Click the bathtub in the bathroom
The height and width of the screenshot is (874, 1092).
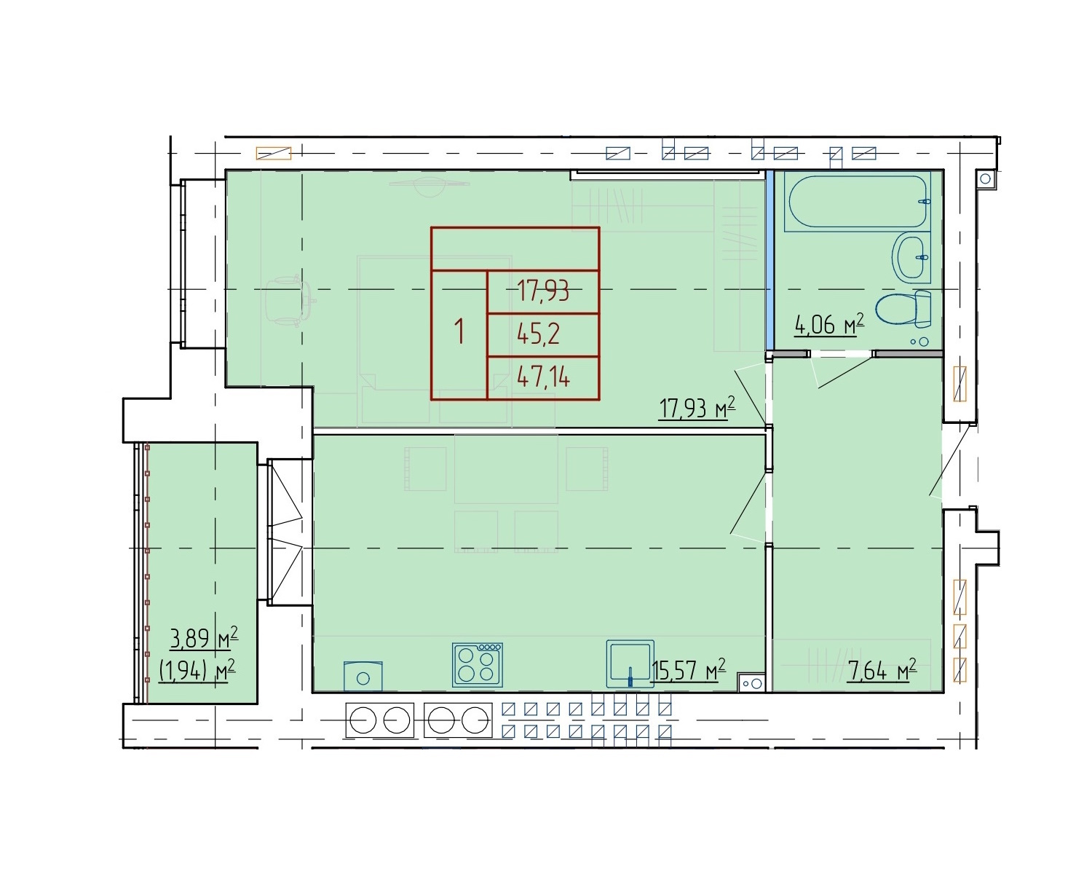pyautogui.click(x=858, y=201)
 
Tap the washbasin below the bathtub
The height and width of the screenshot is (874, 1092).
pyautogui.click(x=912, y=257)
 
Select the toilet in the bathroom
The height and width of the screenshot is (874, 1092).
pyautogui.click(x=903, y=310)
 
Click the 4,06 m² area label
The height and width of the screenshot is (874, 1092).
pyautogui.click(x=829, y=325)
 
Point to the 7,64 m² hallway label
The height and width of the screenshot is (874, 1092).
pyautogui.click(x=882, y=672)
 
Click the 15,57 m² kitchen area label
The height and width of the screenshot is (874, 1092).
pyautogui.click(x=689, y=670)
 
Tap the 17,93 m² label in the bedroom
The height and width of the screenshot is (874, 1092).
pyautogui.click(x=697, y=408)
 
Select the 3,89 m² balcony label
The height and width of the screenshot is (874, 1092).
pyautogui.click(x=204, y=638)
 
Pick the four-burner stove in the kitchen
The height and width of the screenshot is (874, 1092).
pyautogui.click(x=477, y=665)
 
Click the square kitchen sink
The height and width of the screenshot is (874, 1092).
pyautogui.click(x=630, y=664)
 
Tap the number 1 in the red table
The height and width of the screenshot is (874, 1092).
pyautogui.click(x=460, y=331)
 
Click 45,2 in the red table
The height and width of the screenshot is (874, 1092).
pyautogui.click(x=539, y=334)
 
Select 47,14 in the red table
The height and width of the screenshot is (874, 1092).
pyautogui.click(x=544, y=377)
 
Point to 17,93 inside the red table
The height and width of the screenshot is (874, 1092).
pyautogui.click(x=543, y=291)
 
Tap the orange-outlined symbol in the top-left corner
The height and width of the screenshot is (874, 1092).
pyautogui.click(x=274, y=153)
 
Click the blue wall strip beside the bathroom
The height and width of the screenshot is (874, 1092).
pyautogui.click(x=769, y=260)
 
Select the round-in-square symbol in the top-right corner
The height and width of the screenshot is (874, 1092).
pyautogui.click(x=985, y=178)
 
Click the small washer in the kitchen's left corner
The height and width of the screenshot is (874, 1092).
pyautogui.click(x=363, y=677)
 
